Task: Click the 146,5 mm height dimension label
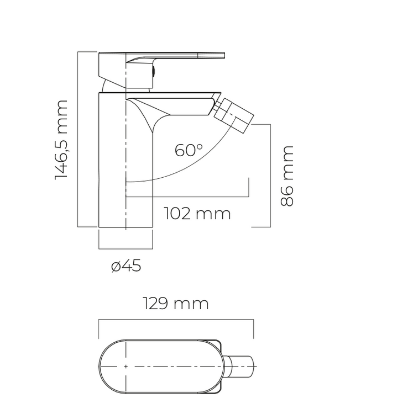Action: (x=61, y=140)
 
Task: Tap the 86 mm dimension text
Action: (x=286, y=176)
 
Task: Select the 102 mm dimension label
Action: (x=197, y=213)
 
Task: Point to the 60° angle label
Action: (x=189, y=150)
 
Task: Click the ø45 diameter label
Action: (x=126, y=266)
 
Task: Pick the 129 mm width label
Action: (x=176, y=303)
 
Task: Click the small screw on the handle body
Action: (x=153, y=72)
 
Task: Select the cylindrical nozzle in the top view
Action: (x=240, y=367)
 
